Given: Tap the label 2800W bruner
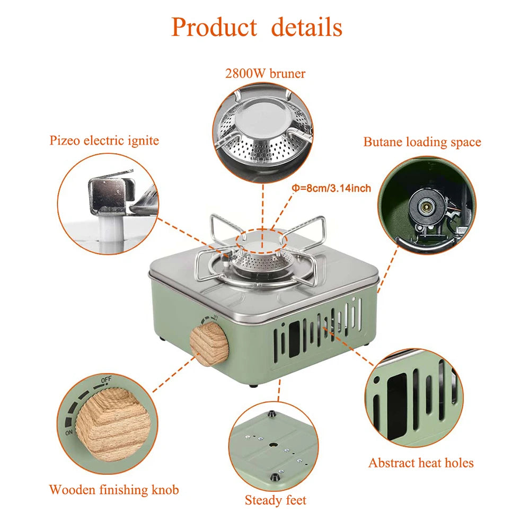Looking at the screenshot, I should tap(265, 74).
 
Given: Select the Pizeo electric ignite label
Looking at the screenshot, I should tap(104, 140).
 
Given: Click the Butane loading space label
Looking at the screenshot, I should tap(422, 142).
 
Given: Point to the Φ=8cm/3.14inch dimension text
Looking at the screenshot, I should tap(331, 188).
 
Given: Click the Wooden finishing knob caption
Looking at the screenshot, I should tap(114, 489).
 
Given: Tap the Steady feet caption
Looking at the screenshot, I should tap(275, 500).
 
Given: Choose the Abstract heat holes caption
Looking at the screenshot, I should tap(421, 463).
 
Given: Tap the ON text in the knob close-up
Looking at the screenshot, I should tap(69, 432).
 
